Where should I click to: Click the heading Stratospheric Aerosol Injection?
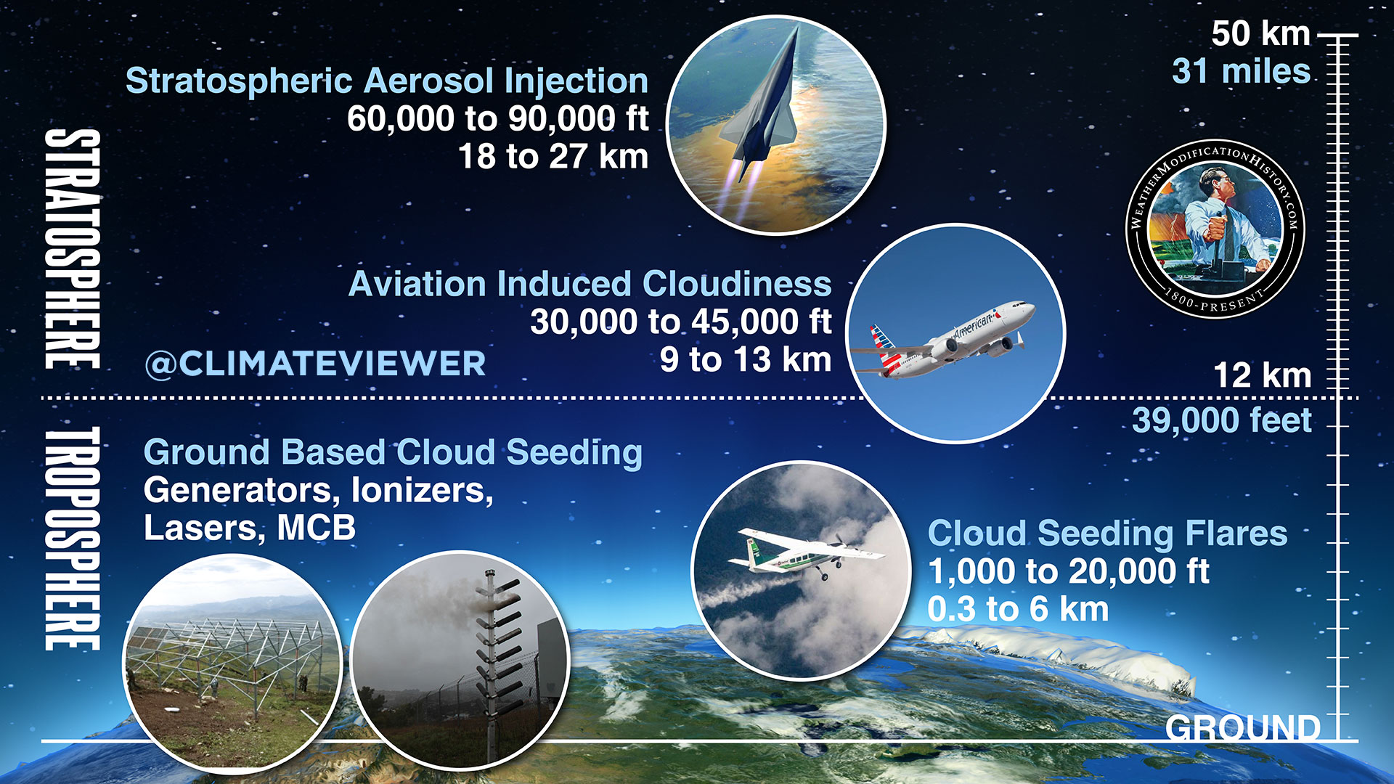[x=387, y=81]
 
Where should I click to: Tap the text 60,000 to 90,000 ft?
[x=497, y=118]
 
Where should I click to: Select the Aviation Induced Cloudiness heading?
[x=590, y=284]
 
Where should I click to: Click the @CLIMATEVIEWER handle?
[x=315, y=363]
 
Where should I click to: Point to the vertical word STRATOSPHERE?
[x=72, y=249]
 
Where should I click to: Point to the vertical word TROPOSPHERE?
[x=72, y=538]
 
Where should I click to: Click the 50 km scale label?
[x=1260, y=33]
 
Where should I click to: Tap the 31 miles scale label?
[x=1242, y=72]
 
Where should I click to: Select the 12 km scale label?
[x=1263, y=376]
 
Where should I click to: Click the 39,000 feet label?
[x=1222, y=421]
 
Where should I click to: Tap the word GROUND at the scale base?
[x=1242, y=727]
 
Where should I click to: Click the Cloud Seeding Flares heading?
[x=1107, y=534]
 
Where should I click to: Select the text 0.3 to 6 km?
[x=1018, y=609]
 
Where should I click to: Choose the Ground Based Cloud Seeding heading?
[x=393, y=453]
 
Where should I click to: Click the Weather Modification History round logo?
[x=1215, y=228]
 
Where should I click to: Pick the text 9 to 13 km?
[x=746, y=359]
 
